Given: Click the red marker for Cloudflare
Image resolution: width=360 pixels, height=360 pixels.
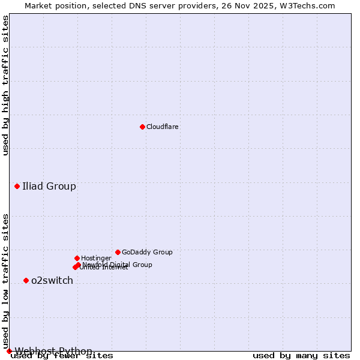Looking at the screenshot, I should [142, 127].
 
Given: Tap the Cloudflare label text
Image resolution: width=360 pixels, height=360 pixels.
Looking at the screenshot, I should [162, 127].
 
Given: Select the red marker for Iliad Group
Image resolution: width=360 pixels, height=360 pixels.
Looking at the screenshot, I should [17, 186].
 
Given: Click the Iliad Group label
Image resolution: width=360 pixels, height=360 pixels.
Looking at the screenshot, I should [49, 186].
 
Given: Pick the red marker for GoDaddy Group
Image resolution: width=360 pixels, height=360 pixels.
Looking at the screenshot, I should [118, 252].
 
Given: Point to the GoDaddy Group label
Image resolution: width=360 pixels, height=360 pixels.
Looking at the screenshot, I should [147, 253].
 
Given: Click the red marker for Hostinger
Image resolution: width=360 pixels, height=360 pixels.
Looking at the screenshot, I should [77, 258].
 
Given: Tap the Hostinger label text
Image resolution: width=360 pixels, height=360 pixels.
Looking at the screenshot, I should [96, 259].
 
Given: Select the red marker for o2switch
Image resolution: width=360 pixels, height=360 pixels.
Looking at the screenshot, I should [26, 280].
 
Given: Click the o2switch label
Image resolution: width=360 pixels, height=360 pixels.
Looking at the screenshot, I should [52, 280].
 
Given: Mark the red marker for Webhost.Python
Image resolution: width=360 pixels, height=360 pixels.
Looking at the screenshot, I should [9, 351].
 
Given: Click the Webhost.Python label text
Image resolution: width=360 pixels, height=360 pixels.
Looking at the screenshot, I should [53, 351].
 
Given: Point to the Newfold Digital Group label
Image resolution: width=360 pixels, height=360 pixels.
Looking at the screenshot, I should [118, 265].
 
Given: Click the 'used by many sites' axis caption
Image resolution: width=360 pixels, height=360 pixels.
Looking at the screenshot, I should [301, 356].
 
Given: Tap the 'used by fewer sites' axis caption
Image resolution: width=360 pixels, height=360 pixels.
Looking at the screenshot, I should [62, 356].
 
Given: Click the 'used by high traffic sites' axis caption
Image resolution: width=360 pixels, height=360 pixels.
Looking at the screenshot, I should [6, 85].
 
